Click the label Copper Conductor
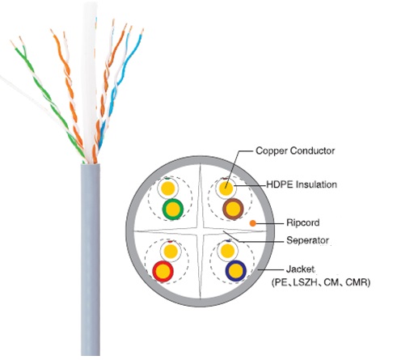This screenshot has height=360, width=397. pyautogui.click(x=295, y=150)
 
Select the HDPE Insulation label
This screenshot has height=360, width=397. pyautogui.click(x=302, y=184)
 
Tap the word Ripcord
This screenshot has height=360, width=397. pyautogui.click(x=303, y=222)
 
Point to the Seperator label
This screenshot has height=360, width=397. pyautogui.click(x=307, y=240)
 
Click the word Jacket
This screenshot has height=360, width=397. pyautogui.click(x=300, y=269)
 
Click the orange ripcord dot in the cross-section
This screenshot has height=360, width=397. pyautogui.click(x=252, y=223)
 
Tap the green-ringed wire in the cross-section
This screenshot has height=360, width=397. pyautogui.click(x=173, y=209)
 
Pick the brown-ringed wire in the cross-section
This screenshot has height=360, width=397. pyautogui.click(x=233, y=209)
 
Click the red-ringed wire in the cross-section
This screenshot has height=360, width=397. pyautogui.click(x=163, y=271)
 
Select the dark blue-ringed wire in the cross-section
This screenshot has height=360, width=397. pyautogui.click(x=236, y=271)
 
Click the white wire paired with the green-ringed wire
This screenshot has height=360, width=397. pyautogui.click(x=168, y=188)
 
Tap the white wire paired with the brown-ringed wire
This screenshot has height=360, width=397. pyautogui.click(x=226, y=188)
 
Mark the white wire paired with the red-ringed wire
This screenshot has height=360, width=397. pyautogui.click(x=171, y=251)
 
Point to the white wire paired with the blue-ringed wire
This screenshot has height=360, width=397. pyautogui.click(x=228, y=251)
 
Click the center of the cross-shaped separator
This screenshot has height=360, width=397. pyautogui.click(x=201, y=231)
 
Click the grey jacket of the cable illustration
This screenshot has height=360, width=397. pyautogui.click(x=90, y=259)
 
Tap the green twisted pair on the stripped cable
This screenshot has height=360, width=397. pyautogui.click(x=49, y=97)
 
